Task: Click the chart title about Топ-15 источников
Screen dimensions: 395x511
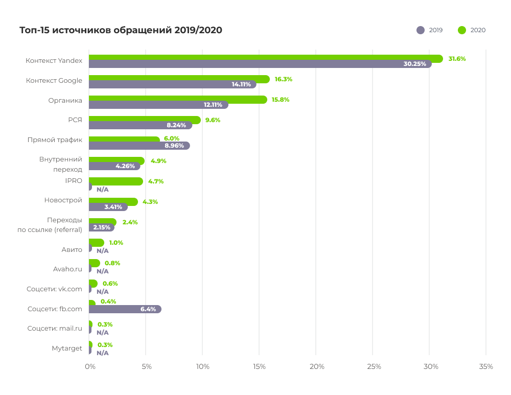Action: [121, 30]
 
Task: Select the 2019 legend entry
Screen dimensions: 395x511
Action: [430, 30]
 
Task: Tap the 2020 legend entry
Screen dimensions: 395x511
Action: [472, 30]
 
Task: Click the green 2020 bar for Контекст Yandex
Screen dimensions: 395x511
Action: [266, 58]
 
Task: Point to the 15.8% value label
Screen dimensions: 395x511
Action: [280, 100]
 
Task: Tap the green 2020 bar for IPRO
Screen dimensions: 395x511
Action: [115, 181]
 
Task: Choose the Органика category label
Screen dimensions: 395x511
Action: [65, 100]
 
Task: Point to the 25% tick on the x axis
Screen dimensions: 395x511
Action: [374, 366]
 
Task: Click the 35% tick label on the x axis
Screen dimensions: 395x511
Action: [486, 366]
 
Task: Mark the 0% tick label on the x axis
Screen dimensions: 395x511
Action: [90, 366]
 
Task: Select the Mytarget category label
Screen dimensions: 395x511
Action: [67, 348]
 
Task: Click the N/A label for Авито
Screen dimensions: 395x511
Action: [103, 250]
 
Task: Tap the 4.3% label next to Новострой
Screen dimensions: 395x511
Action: [150, 202]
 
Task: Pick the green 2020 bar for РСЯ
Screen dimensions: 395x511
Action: [145, 120]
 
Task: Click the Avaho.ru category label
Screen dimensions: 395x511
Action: [67, 269]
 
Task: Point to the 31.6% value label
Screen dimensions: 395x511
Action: [457, 59]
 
